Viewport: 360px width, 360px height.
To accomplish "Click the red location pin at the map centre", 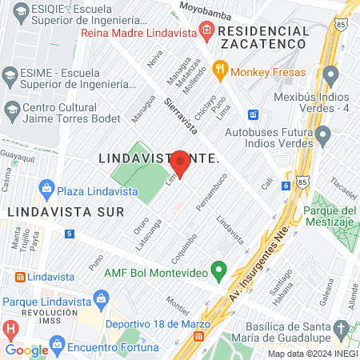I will (180, 163).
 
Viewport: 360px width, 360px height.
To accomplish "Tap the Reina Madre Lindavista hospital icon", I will (206, 31).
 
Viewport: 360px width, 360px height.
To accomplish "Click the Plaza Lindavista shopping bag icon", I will (46, 189).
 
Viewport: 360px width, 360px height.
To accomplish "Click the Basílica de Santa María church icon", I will (340, 328).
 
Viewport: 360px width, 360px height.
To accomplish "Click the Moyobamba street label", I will (206, 10).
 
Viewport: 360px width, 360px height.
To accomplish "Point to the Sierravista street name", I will (180, 115).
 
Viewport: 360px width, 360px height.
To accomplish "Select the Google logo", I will (26, 350).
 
